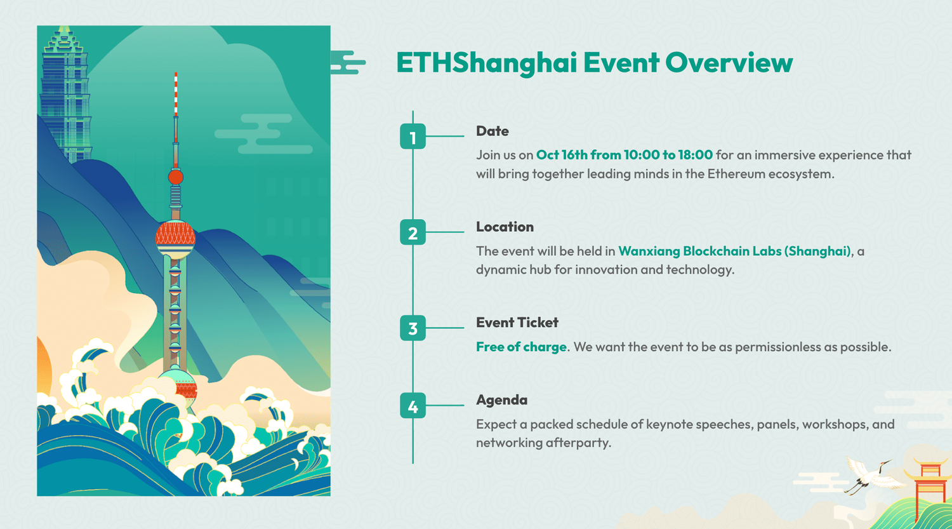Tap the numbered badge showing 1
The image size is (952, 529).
(413, 137)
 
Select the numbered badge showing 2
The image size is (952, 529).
(413, 232)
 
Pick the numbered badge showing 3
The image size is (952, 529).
(413, 328)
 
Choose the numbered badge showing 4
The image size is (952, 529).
(413, 406)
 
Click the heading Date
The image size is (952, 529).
(492, 131)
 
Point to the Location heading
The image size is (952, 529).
(505, 227)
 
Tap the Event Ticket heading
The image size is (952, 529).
(517, 323)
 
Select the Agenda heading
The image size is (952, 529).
(501, 400)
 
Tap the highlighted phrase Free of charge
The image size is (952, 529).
(521, 347)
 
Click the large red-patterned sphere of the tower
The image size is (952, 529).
(175, 238)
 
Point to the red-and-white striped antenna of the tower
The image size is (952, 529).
(176, 95)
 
